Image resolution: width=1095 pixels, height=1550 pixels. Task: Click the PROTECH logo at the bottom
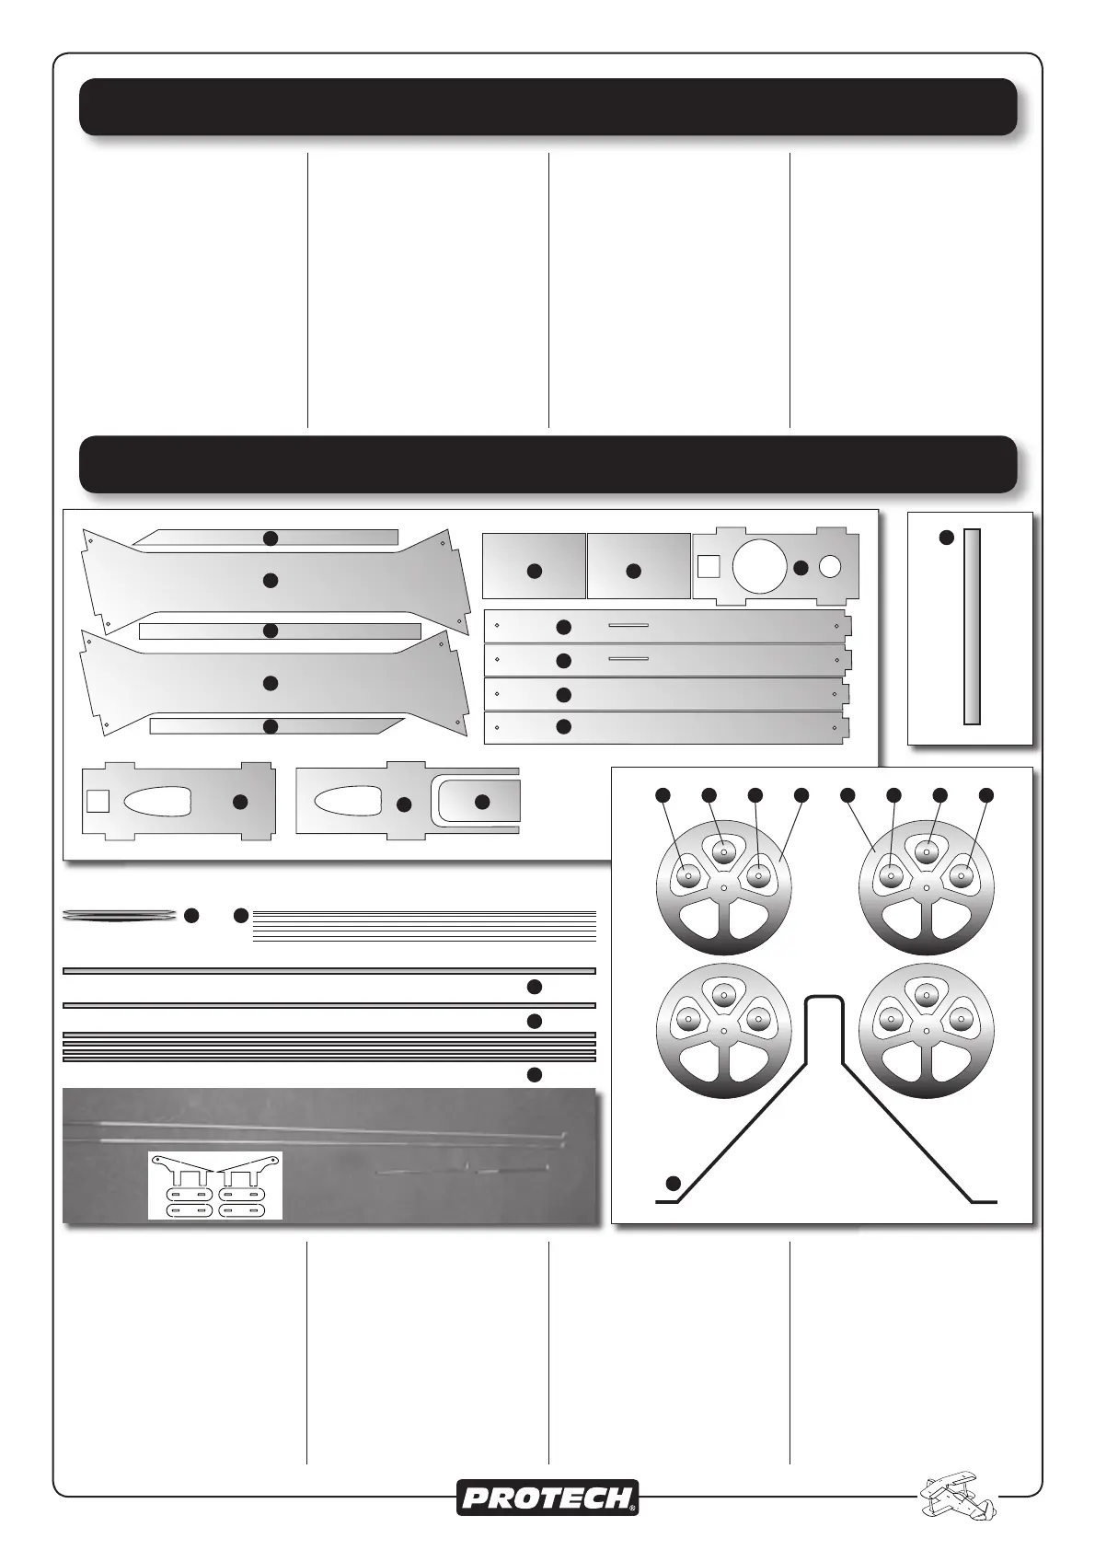[x=547, y=1498]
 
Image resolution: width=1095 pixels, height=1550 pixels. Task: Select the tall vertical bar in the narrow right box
[x=971, y=626]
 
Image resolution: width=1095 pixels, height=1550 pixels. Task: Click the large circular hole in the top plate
[x=759, y=565]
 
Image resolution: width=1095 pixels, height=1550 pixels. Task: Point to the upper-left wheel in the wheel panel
[x=723, y=885]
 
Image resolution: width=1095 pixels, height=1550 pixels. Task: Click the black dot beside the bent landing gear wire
[x=674, y=1183]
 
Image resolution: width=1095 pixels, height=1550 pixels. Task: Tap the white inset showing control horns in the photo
[x=215, y=1186]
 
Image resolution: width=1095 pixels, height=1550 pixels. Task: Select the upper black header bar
[x=547, y=107]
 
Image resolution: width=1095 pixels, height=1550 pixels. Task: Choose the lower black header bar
[x=547, y=464]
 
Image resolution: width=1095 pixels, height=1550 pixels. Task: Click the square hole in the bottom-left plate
[x=98, y=800]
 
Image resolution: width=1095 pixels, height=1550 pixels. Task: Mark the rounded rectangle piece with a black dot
[x=479, y=802]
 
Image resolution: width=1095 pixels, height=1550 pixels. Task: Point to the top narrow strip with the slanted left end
[x=267, y=538]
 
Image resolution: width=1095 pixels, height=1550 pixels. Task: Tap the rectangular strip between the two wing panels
[x=280, y=630]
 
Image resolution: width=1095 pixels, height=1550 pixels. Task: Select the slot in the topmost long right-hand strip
[x=628, y=626]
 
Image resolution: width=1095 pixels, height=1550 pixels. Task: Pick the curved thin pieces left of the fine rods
[x=120, y=914]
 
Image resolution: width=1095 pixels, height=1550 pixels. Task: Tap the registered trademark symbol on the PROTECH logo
[x=632, y=1509]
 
